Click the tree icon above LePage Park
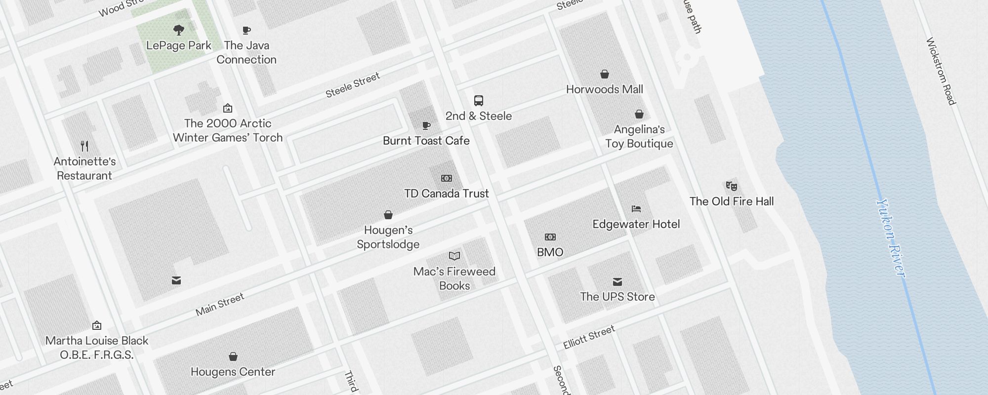[179, 30]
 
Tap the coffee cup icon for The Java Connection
[247, 31]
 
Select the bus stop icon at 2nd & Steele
[478, 101]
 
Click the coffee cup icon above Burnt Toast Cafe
[426, 126]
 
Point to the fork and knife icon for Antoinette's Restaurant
[84, 146]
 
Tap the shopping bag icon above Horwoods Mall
[604, 75]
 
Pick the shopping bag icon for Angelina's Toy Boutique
[639, 115]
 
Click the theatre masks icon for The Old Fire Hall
[731, 186]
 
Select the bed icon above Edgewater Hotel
[636, 209]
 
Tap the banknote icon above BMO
[550, 237]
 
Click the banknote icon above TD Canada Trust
[446, 178]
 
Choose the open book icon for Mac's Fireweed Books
[454, 256]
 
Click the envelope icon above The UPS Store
[617, 282]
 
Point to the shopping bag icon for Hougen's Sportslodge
[388, 215]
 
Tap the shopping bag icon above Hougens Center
[233, 356]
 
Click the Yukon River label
[891, 238]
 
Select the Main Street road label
[220, 304]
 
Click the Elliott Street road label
[589, 337]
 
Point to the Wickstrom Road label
[941, 71]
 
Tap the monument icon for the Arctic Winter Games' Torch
[228, 108]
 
